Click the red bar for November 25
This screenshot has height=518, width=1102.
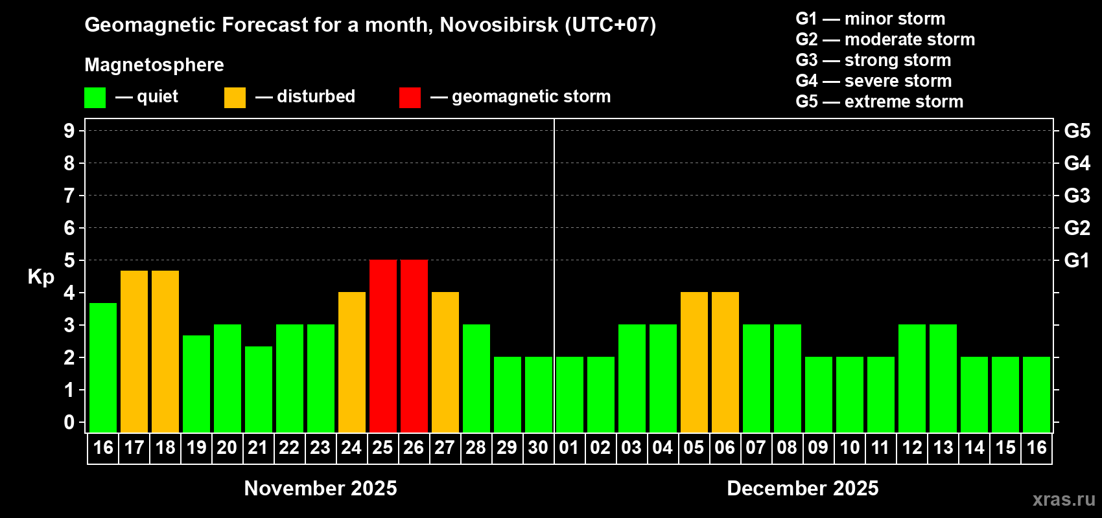[x=382, y=346]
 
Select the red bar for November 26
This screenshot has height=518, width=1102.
[x=414, y=346]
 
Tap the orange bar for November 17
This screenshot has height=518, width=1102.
[x=134, y=351]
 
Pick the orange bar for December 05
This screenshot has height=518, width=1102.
[x=694, y=362]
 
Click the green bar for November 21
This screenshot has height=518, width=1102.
[x=259, y=389]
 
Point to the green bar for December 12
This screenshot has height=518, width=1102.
[x=911, y=378]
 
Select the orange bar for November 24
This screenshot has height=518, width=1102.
[x=352, y=362]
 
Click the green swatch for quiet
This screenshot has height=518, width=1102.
[x=95, y=98]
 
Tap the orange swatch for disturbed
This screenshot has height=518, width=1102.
[x=235, y=98]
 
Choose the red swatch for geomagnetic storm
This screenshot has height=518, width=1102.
[x=410, y=98]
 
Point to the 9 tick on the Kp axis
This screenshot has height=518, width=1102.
[x=69, y=131]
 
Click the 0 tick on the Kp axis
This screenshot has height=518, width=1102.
[x=69, y=423]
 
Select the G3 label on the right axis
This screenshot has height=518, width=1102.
[x=1077, y=196]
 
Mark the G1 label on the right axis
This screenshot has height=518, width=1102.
[x=1077, y=260]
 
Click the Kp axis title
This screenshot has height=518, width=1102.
[x=41, y=277]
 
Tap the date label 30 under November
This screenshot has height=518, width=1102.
[x=538, y=447]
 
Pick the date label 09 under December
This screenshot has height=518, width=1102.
[x=818, y=447]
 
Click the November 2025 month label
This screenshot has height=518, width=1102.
[x=320, y=488]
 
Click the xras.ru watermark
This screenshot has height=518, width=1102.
[x=1064, y=499]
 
